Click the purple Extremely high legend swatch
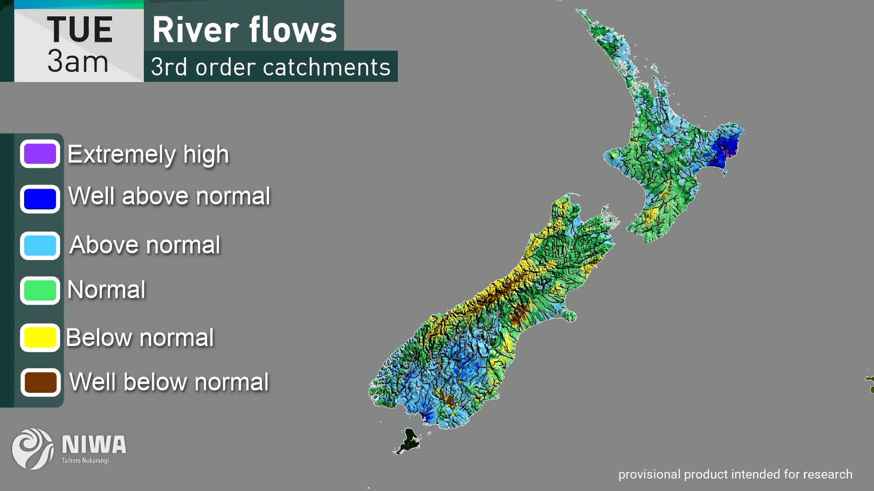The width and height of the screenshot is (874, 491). coord(40,154)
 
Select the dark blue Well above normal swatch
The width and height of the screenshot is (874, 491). coord(40,199)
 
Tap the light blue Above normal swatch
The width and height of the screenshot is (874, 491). coord(40,245)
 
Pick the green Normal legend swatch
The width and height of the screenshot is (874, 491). coord(40,291)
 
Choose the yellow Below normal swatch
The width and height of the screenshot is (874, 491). coord(40,337)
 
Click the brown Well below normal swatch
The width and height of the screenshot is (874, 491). coord(40,382)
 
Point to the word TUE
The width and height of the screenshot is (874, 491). coord(80,30)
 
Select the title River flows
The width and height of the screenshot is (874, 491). coord(244,30)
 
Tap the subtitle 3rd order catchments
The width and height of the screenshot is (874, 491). coord(270,67)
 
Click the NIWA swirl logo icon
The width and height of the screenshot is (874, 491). coord(32,448)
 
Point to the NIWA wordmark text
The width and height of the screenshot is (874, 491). coord(94,445)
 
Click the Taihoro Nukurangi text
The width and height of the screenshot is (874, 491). coord(85,461)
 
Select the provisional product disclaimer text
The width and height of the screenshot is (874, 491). coord(735,474)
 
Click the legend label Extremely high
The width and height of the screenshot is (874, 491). coord(148,154)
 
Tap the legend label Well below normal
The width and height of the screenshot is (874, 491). coord(169,382)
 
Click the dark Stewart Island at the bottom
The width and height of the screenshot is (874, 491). coord(409,440)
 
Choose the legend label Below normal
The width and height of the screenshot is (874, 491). coord(140,337)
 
